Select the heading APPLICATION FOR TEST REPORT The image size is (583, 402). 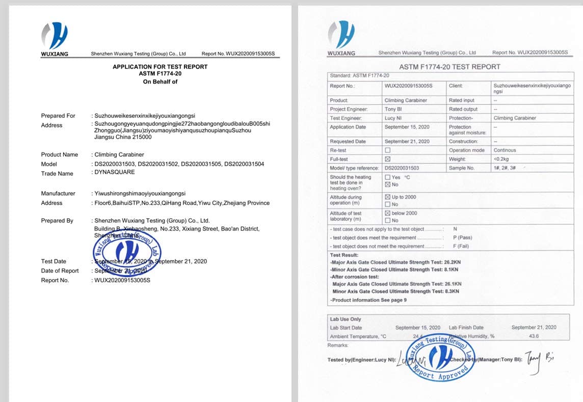[160, 67]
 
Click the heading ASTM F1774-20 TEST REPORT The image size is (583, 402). [449, 67]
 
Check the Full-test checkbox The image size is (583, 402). [388, 159]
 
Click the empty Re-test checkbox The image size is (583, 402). [388, 150]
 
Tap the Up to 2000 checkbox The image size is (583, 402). [388, 197]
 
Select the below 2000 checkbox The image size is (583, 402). [388, 213]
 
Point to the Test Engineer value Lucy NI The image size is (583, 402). [393, 118]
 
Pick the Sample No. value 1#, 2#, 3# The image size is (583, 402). [505, 168]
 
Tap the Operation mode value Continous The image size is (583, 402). [505, 150]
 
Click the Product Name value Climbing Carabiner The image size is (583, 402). [119, 154]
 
